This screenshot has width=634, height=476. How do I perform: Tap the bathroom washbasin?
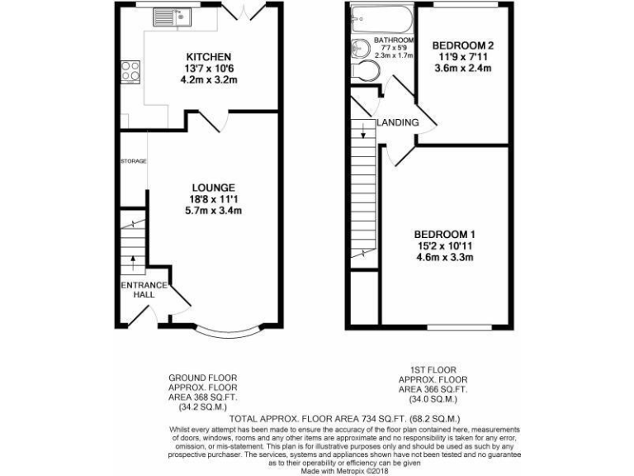tap(361, 47)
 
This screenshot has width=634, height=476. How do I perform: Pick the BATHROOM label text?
tap(393, 40)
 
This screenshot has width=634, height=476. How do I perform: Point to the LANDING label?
tap(398, 123)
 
